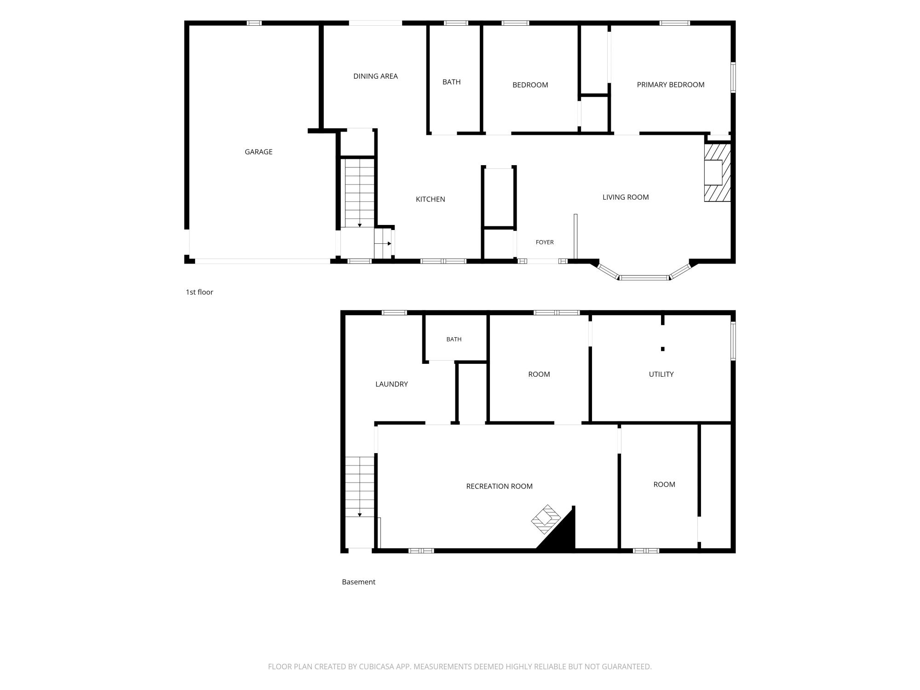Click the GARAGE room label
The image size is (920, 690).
pyautogui.click(x=259, y=152)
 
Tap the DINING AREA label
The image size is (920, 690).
pyautogui.click(x=375, y=76)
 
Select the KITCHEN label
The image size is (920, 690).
pyautogui.click(x=430, y=199)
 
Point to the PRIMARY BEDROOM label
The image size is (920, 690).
pyautogui.click(x=670, y=85)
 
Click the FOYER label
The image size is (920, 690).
pyautogui.click(x=545, y=242)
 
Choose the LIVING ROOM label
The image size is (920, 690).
pyautogui.click(x=626, y=197)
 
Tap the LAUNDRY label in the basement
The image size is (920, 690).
pyautogui.click(x=391, y=384)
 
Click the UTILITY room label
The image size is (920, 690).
pyautogui.click(x=661, y=374)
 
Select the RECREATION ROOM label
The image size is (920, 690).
pyautogui.click(x=499, y=486)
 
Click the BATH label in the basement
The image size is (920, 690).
pyautogui.click(x=454, y=339)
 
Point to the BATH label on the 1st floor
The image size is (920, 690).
pyautogui.click(x=451, y=82)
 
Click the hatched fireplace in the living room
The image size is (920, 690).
pyautogui.click(x=717, y=172)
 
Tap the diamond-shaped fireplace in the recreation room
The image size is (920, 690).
pyautogui.click(x=546, y=519)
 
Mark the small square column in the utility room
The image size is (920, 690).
pyautogui.click(x=662, y=349)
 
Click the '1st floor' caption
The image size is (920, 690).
pyautogui.click(x=199, y=292)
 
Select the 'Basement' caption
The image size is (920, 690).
pyautogui.click(x=358, y=582)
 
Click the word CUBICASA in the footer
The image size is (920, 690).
pyautogui.click(x=379, y=667)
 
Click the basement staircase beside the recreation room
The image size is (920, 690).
pyautogui.click(x=360, y=487)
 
